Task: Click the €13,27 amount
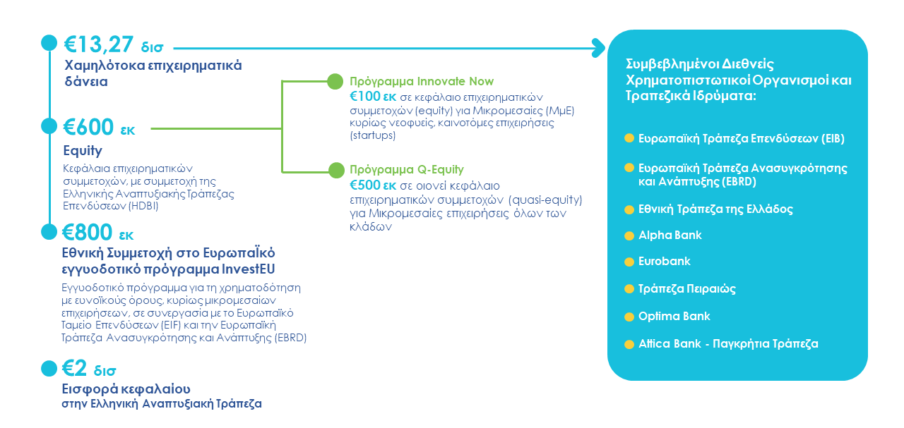pos(100,44)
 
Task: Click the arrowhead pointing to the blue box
pos(600,49)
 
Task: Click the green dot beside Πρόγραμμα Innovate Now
pos(335,81)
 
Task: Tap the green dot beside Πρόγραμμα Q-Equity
pos(335,169)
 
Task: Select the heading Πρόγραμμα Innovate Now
pos(422,81)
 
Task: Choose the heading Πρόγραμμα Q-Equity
pos(407,169)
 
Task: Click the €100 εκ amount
pos(374,97)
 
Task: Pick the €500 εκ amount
pos(374,185)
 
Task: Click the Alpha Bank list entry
pos(670,236)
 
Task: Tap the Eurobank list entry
pos(664,262)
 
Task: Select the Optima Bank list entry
pos(674,317)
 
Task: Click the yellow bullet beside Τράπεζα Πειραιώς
pos(629,289)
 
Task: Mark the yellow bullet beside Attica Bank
pos(629,345)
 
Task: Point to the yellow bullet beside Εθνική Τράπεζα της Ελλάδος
pos(629,209)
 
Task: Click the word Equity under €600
pos(83,151)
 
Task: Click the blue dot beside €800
pos(49,232)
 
